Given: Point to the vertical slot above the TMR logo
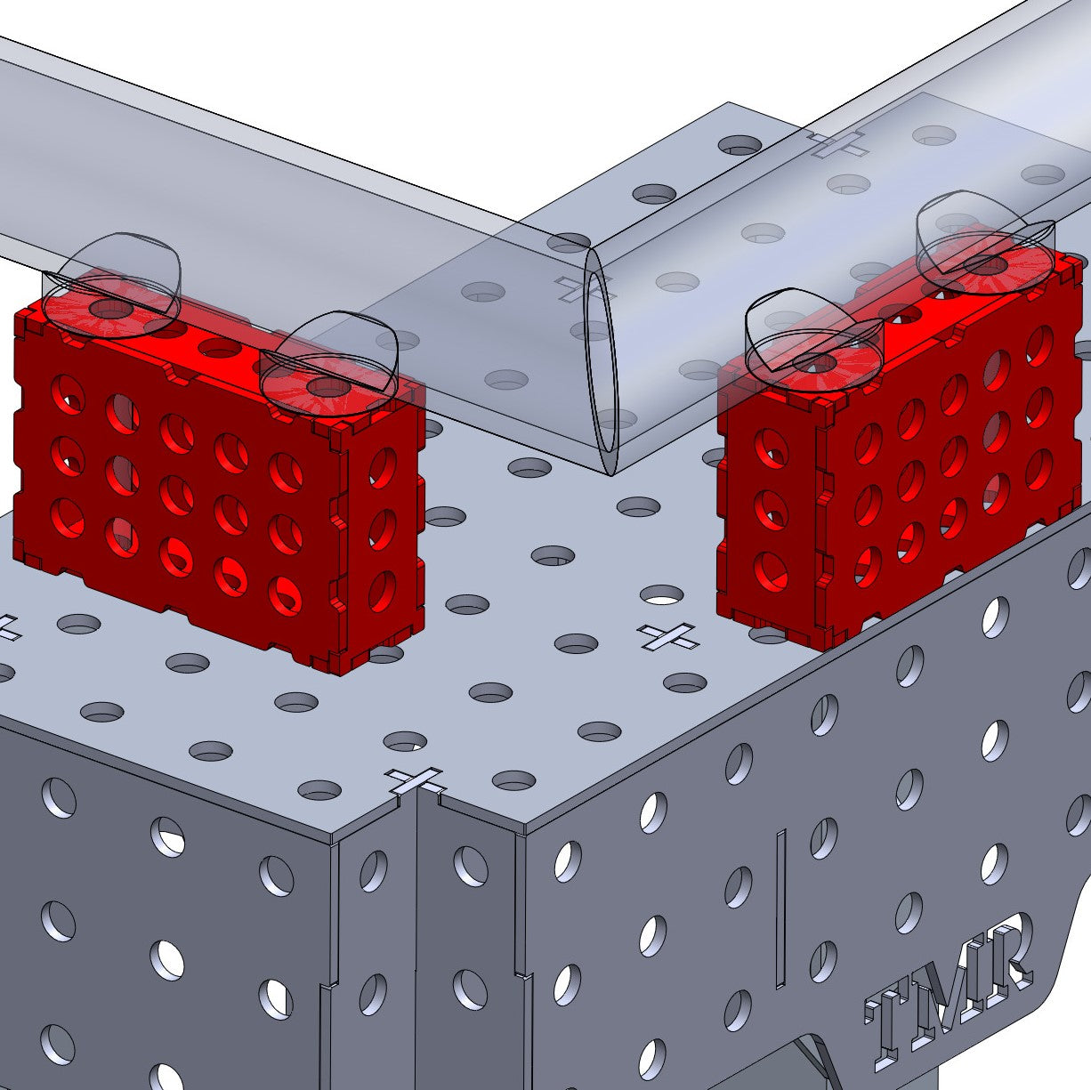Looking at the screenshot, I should coord(780,908).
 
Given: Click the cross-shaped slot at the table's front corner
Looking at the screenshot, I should coord(416,779).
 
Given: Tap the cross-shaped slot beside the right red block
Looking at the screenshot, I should coord(667,635).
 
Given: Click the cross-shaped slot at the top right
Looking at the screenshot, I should coord(836,142).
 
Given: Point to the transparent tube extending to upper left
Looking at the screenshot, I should coord(222,160).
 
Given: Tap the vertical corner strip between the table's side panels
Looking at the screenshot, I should coord(416,934).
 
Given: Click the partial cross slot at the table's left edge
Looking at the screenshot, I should coord(7,627).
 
